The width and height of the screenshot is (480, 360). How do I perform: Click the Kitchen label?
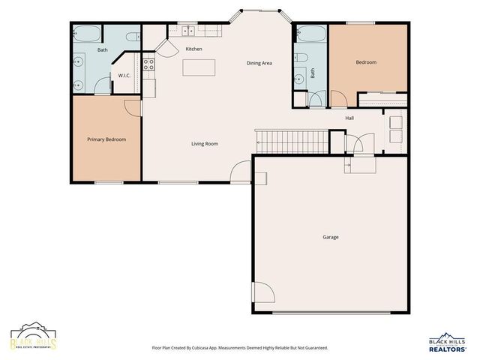click(194, 49)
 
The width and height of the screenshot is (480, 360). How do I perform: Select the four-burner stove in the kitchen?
click(148, 64)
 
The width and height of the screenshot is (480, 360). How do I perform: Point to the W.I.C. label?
click(124, 75)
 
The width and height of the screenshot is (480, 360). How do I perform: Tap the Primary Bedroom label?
click(106, 139)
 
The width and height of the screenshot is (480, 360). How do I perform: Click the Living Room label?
click(204, 143)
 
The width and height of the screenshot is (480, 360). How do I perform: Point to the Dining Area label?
click(259, 63)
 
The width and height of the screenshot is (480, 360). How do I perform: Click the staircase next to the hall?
click(291, 139)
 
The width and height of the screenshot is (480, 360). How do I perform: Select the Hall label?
click(349, 118)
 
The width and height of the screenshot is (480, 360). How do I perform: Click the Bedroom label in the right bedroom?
click(366, 62)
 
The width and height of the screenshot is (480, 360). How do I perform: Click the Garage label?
click(330, 237)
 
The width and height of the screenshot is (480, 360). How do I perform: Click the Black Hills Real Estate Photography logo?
click(33, 338)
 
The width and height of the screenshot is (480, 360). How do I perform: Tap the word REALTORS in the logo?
click(447, 348)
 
